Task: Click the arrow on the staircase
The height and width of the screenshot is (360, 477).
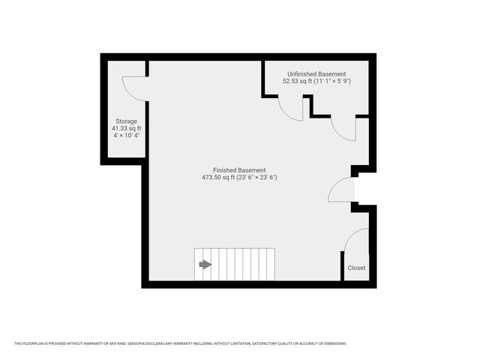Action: pos(205,264)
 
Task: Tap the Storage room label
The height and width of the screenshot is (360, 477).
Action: pos(126,121)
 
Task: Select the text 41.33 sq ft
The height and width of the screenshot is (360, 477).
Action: pos(126,128)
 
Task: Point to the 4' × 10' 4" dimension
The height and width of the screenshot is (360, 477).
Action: pos(126,136)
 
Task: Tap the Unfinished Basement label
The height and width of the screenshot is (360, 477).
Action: pos(316,74)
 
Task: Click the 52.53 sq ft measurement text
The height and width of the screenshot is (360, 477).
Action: pos(298,81)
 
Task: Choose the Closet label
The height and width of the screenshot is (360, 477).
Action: pos(356,268)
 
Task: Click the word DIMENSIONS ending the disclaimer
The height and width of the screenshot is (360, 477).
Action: pos(334,343)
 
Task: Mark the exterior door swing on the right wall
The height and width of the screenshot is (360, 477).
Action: pos(341,190)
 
